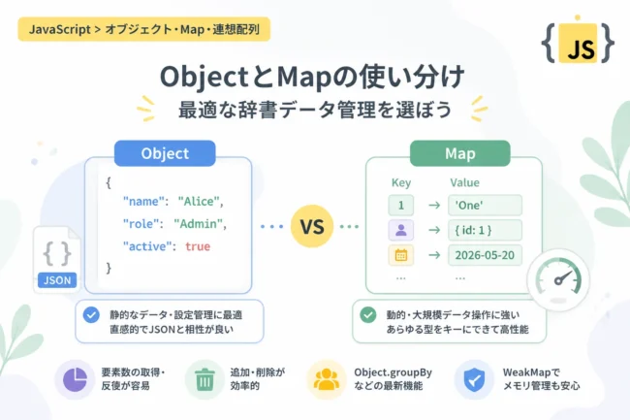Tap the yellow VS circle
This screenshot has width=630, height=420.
point(312,226)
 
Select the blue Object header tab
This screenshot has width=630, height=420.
point(165,153)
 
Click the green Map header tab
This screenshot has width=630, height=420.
point(460,153)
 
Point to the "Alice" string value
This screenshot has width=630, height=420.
point(199,201)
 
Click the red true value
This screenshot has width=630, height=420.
point(198,246)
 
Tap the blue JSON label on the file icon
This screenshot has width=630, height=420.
point(57,280)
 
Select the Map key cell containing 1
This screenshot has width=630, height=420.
point(401,205)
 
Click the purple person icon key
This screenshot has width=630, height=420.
point(401,230)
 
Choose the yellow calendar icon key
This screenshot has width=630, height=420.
point(401,255)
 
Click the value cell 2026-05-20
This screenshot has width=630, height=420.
point(485,255)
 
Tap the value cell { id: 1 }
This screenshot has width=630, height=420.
point(485,230)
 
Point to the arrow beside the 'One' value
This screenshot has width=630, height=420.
point(434,206)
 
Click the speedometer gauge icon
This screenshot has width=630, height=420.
point(558,278)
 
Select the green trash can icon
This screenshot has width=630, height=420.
point(205,379)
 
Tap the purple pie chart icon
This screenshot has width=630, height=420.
point(75,379)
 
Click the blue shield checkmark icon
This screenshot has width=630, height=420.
point(474,379)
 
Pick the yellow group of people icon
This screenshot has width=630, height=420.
point(327,379)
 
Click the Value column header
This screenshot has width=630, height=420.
point(464,183)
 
